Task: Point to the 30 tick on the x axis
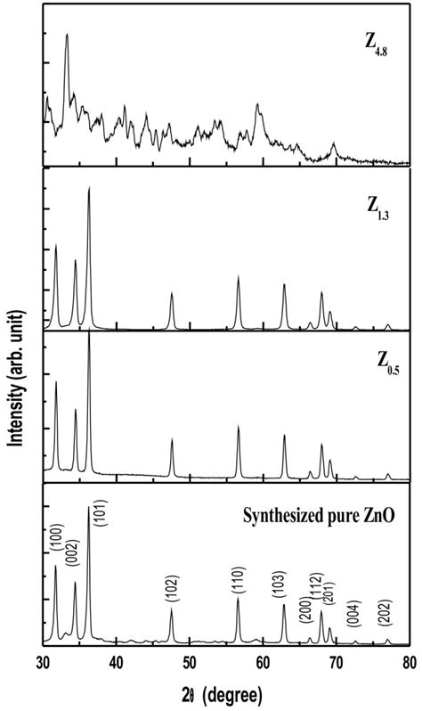(x=44, y=660)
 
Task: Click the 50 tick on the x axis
(x=190, y=660)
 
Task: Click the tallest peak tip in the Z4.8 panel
(x=67, y=35)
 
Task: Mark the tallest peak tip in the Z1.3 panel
(x=89, y=188)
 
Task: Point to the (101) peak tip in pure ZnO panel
(x=88, y=506)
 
